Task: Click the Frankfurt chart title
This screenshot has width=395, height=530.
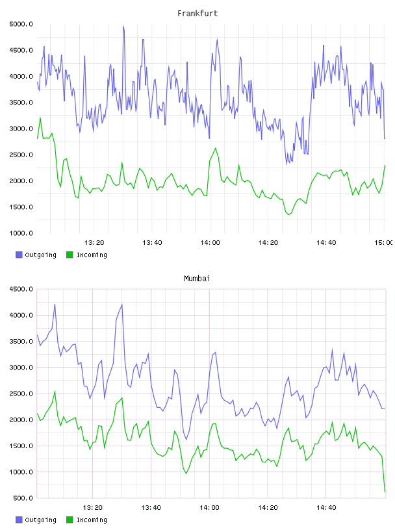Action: click(x=197, y=14)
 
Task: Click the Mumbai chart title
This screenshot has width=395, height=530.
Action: click(x=197, y=279)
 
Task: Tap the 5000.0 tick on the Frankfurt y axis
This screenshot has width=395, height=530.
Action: click(x=21, y=24)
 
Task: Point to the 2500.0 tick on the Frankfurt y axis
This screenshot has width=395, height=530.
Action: click(x=21, y=155)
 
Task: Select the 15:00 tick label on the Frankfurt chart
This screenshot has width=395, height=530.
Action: click(x=383, y=242)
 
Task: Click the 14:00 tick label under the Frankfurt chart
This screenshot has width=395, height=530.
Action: click(x=210, y=242)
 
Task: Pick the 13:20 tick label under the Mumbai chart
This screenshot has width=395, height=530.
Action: click(x=92, y=507)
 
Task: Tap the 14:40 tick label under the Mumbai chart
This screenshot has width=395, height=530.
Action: click(x=326, y=507)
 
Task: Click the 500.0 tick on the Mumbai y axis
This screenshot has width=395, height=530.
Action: click(x=23, y=498)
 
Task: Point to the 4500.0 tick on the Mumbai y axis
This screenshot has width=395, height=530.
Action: click(x=21, y=289)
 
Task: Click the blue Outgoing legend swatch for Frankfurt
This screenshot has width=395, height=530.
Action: click(x=19, y=255)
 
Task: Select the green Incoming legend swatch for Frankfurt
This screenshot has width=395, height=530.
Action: click(x=70, y=255)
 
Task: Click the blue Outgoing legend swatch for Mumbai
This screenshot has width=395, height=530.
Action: click(x=19, y=520)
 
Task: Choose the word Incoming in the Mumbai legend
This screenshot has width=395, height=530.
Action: click(x=92, y=520)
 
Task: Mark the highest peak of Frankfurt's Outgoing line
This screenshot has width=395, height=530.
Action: click(x=123, y=26)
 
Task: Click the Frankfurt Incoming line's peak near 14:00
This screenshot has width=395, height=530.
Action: click(x=216, y=148)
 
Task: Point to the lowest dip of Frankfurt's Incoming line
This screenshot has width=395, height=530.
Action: click(x=289, y=214)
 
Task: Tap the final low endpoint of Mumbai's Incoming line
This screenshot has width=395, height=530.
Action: click(x=385, y=492)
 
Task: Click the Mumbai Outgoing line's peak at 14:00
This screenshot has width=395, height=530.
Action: click(x=216, y=352)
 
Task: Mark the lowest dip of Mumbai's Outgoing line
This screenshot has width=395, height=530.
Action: click(x=186, y=440)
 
